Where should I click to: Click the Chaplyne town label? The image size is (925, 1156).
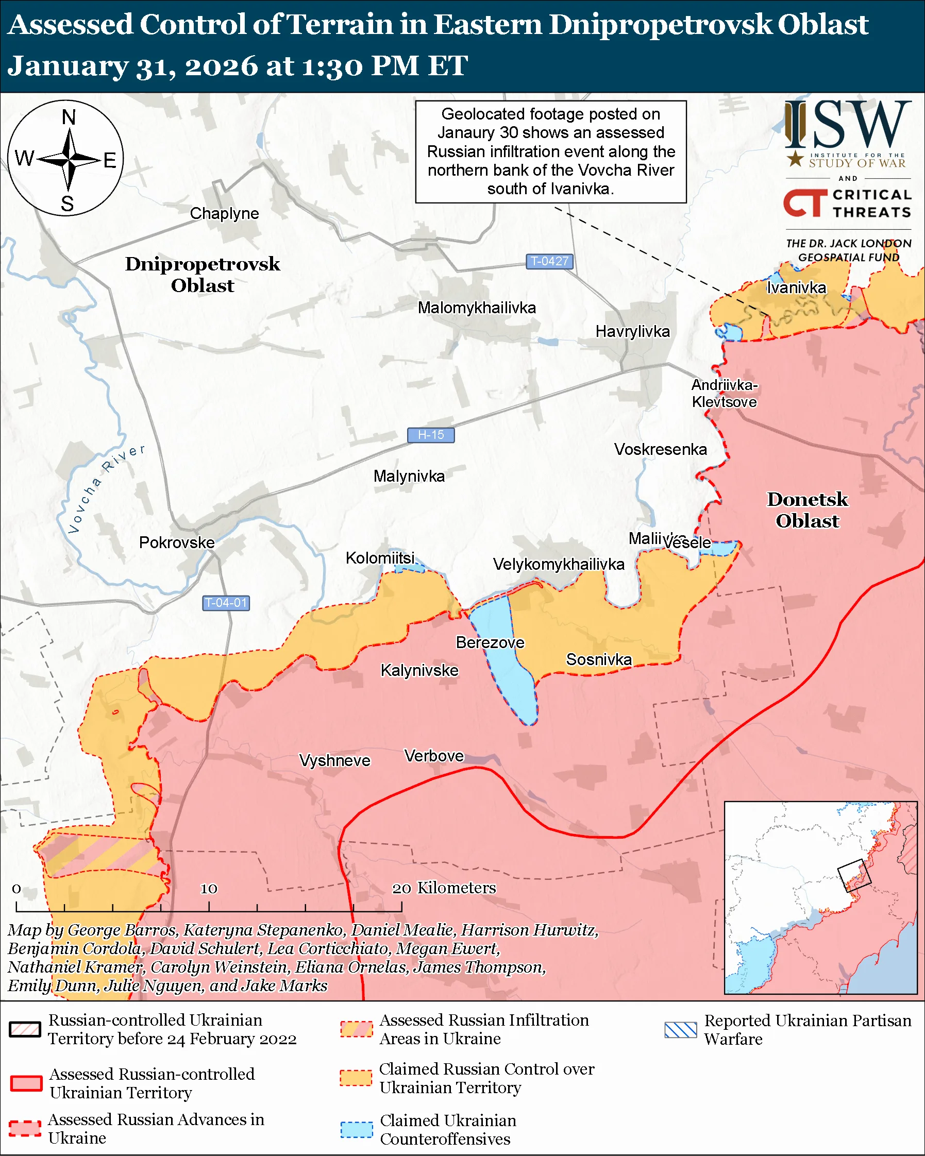pyautogui.click(x=224, y=213)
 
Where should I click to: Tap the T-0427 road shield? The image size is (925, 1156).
pyautogui.click(x=549, y=261)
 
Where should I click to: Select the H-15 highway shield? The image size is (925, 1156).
pyautogui.click(x=431, y=435)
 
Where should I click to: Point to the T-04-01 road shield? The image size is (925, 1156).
pyautogui.click(x=226, y=603)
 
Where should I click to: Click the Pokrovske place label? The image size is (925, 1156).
pyautogui.click(x=176, y=542)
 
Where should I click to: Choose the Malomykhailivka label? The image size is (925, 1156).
pyautogui.click(x=476, y=308)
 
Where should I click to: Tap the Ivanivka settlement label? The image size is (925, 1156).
pyautogui.click(x=796, y=288)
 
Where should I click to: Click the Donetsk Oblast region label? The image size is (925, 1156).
pyautogui.click(x=807, y=510)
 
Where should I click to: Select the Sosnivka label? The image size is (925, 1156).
pyautogui.click(x=598, y=659)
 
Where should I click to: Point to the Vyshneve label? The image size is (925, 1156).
pyautogui.click(x=334, y=760)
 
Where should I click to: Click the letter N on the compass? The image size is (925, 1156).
pyautogui.click(x=69, y=117)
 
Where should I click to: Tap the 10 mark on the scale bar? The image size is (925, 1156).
pyautogui.click(x=209, y=889)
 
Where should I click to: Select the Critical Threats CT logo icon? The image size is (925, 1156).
pyautogui.click(x=804, y=203)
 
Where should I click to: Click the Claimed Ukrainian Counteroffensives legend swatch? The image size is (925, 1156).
pyautogui.click(x=356, y=1130)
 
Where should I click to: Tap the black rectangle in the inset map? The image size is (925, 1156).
pyautogui.click(x=854, y=876)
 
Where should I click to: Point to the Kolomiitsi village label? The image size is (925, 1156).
pyautogui.click(x=380, y=558)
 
